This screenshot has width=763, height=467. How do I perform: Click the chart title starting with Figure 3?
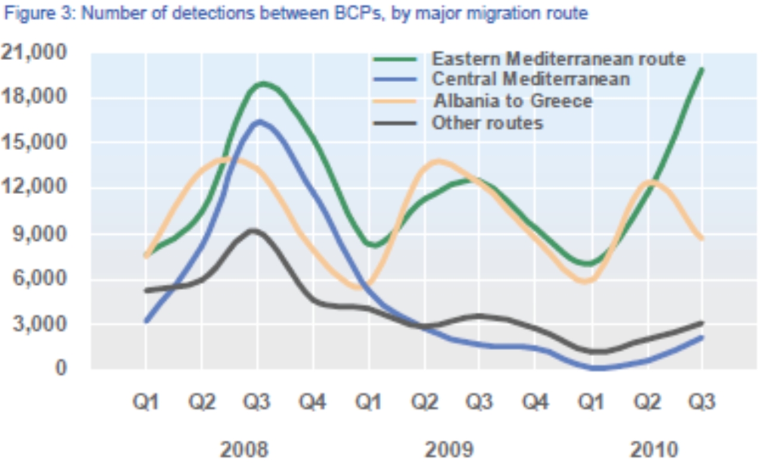(295, 14)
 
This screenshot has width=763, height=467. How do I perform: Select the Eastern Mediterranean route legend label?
(559, 59)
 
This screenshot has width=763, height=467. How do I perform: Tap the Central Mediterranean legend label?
(531, 79)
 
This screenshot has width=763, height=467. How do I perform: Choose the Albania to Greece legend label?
(512, 101)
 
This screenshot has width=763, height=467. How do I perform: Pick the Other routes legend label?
(487, 123)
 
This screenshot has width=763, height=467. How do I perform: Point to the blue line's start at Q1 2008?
(146, 321)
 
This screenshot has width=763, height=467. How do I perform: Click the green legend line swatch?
(394, 59)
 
